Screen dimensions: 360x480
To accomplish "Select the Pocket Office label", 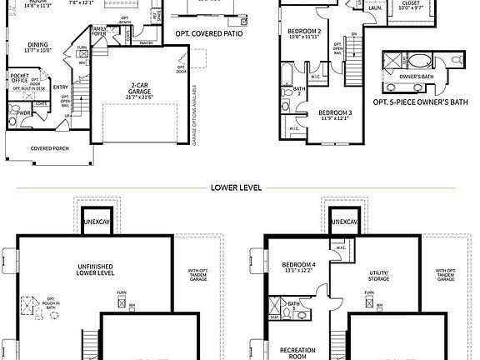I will pos(20,79).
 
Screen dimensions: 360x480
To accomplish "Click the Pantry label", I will pos(147,42).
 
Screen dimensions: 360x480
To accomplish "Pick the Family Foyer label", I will pos(99,32).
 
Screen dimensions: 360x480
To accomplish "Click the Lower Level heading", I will pos(237,187).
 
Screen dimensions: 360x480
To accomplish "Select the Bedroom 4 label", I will pos(297,266).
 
